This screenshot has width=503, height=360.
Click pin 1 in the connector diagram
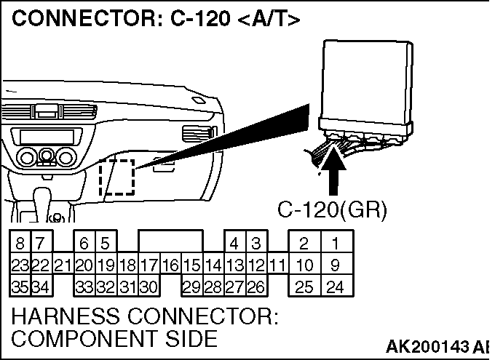(335, 243)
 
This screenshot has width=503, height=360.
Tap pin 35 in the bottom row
(19, 287)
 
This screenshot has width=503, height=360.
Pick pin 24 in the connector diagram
(335, 287)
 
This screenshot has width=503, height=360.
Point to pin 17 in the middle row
(149, 265)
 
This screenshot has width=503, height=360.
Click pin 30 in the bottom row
(149, 287)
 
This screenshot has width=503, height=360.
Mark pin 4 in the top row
(234, 243)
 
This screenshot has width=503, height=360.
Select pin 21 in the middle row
(63, 265)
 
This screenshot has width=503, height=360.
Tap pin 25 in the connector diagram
(305, 287)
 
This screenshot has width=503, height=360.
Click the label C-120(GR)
(332, 209)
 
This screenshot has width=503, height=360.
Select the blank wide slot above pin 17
(170, 241)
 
